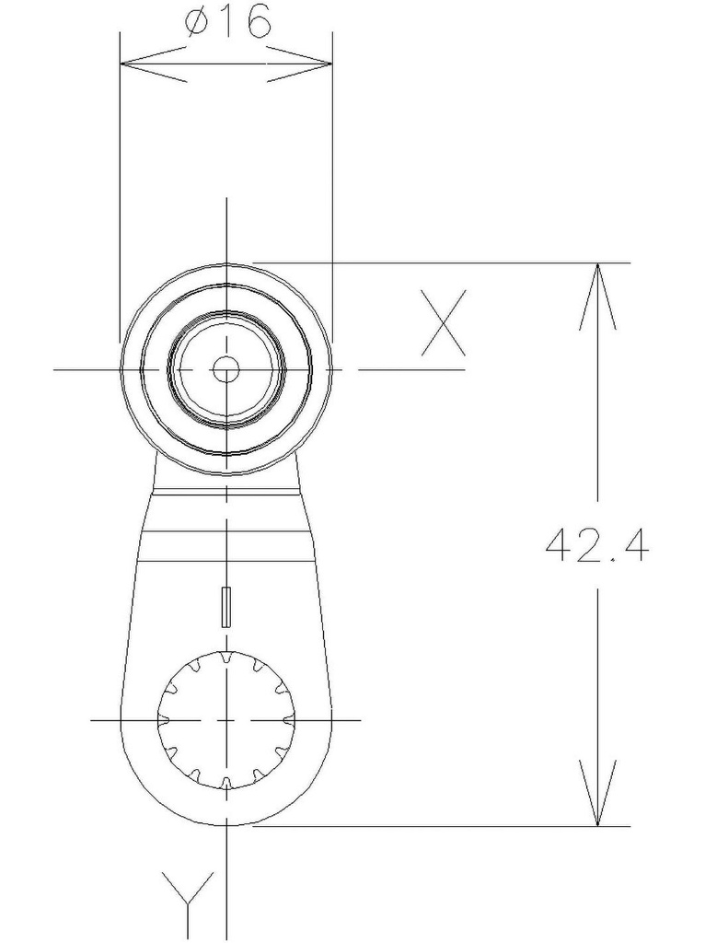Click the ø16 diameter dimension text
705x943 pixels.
point(227,23)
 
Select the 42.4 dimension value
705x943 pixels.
point(597,545)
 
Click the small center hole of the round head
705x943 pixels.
point(225,370)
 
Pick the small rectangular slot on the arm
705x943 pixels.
point(225,606)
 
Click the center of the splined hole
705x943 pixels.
point(225,719)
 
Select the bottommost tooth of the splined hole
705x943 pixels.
point(225,784)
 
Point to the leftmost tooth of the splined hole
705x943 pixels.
point(163,719)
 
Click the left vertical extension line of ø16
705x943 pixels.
point(120,184)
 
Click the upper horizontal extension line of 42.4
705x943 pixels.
point(442,263)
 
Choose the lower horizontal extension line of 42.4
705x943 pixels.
point(442,826)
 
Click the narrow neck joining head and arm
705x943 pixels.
point(225,483)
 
